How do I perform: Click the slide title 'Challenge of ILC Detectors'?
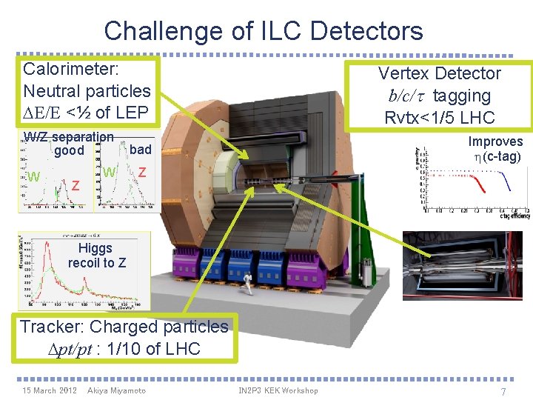click(x=264, y=31)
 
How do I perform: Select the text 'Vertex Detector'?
click(x=439, y=73)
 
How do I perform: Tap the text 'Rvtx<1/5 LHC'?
click(x=439, y=118)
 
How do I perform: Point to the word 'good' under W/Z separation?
click(x=70, y=151)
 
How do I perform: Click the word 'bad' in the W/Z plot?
click(x=140, y=150)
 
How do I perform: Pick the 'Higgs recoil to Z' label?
click(x=96, y=256)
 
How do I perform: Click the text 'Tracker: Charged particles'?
click(x=124, y=327)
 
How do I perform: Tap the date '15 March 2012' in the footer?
click(x=50, y=390)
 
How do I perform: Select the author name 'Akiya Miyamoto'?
click(x=116, y=390)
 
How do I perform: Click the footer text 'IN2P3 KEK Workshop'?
click(x=278, y=390)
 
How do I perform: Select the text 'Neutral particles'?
click(x=87, y=91)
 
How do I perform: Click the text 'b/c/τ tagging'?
click(x=439, y=96)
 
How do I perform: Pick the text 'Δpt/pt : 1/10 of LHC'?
click(x=121, y=348)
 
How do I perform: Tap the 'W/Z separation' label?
click(x=69, y=137)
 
